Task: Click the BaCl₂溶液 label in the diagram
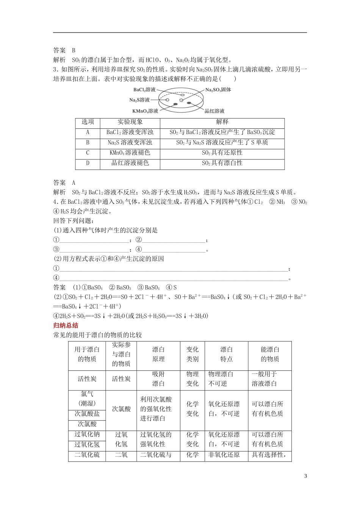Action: [x=144, y=90]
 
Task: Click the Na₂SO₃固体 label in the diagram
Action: [x=218, y=90]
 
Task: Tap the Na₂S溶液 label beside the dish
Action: [x=139, y=100]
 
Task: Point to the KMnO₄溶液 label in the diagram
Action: [x=145, y=111]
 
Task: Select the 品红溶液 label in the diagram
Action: [x=214, y=111]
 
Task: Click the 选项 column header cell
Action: [x=88, y=122]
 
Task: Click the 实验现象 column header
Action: [x=130, y=122]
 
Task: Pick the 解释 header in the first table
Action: [x=222, y=122]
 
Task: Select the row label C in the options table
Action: [x=88, y=153]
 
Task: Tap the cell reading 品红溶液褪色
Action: [x=130, y=163]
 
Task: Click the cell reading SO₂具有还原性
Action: [x=222, y=153]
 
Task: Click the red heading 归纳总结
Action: [x=64, y=325]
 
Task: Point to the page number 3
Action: [x=305, y=476]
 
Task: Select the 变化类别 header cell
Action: [x=192, y=354]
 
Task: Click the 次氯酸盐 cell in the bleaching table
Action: [x=87, y=414]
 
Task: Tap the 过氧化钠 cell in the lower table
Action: [x=87, y=434]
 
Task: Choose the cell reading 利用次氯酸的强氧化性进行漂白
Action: [x=156, y=409]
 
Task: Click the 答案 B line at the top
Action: [x=65, y=50]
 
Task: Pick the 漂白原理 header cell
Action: [x=158, y=354]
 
